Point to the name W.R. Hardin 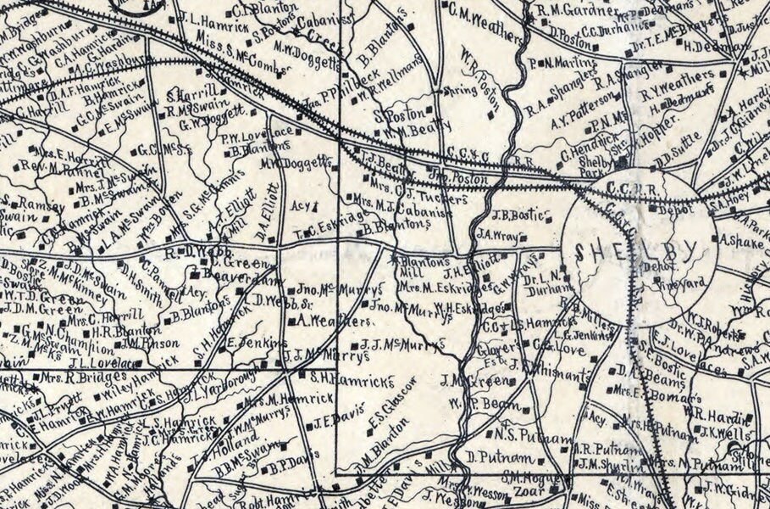click(x=719, y=417)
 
